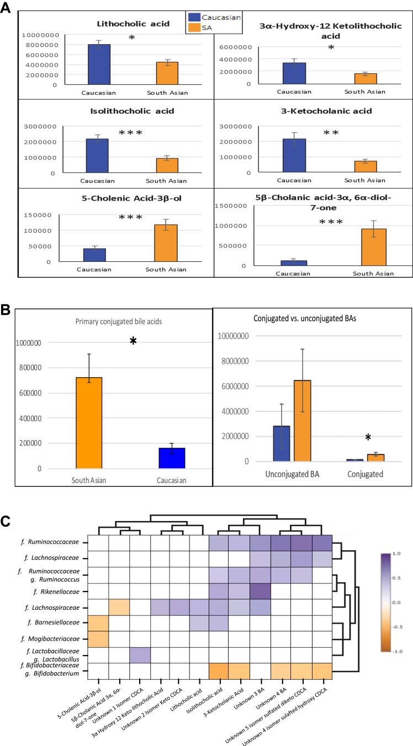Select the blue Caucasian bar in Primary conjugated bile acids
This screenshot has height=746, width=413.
tap(171, 458)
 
